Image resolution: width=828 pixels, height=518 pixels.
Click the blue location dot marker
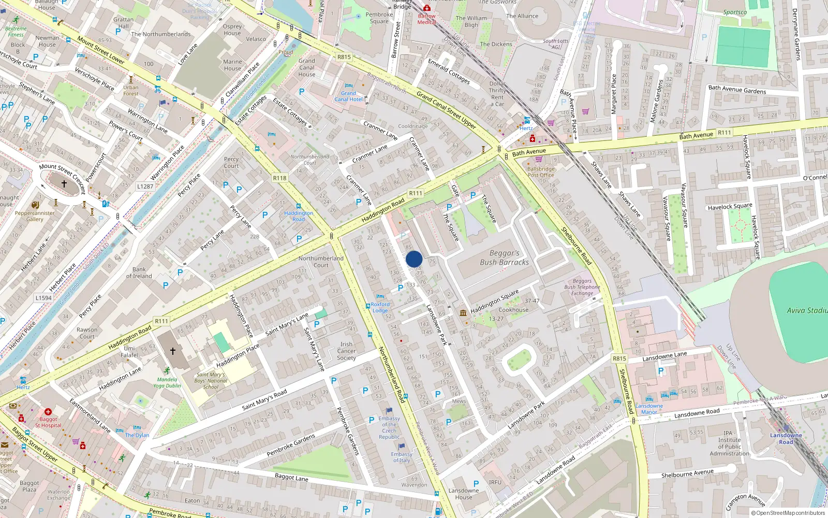click(414, 259)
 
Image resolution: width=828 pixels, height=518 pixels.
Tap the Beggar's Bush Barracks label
click(504, 258)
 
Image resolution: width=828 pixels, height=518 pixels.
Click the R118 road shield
click(279, 178)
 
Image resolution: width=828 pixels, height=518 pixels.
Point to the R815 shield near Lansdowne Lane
click(619, 358)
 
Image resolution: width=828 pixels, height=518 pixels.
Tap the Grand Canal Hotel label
click(348, 96)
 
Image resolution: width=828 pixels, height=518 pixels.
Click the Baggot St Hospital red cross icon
click(48, 412)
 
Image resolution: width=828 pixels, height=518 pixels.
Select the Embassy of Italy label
click(402, 457)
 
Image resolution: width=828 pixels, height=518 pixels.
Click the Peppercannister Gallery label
click(35, 216)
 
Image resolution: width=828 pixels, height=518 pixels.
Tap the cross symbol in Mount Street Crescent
click(64, 184)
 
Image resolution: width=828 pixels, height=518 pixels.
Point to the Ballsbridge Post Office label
click(541, 172)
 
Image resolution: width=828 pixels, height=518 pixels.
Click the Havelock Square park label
click(730, 207)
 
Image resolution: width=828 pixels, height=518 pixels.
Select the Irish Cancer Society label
click(346, 351)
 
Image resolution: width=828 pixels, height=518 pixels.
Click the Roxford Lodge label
click(380, 308)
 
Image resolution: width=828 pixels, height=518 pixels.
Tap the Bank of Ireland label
click(139, 272)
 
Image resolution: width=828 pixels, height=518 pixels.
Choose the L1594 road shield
click(43, 298)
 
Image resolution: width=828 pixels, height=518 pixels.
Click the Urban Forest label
click(131, 91)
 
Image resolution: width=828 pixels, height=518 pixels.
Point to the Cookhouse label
click(513, 310)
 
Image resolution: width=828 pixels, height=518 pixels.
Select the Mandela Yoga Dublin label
click(167, 382)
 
